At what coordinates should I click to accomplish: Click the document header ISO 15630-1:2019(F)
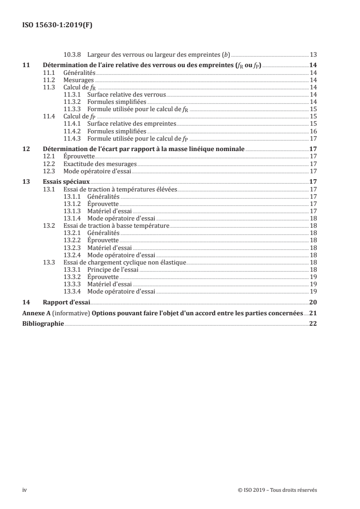click(57, 26)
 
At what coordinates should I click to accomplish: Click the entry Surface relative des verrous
click(126, 95)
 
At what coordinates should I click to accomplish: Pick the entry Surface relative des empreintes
click(131, 123)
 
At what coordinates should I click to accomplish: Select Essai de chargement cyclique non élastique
click(125, 262)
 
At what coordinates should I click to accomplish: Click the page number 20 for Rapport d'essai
click(313, 303)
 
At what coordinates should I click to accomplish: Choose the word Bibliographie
click(43, 324)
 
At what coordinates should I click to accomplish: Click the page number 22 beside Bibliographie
click(313, 324)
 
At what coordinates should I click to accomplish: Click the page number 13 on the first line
click(313, 54)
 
